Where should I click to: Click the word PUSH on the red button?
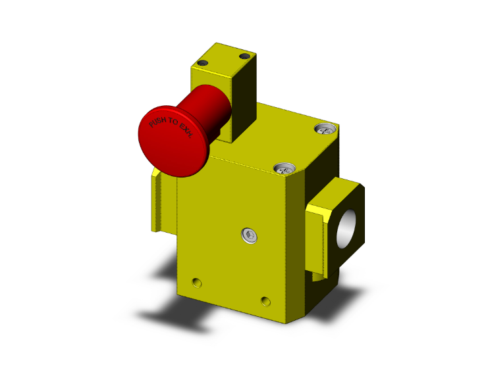[x=158, y=123]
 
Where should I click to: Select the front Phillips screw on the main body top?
[x=283, y=168]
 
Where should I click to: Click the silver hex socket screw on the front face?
[x=248, y=235]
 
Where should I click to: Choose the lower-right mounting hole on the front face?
[x=265, y=301]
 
